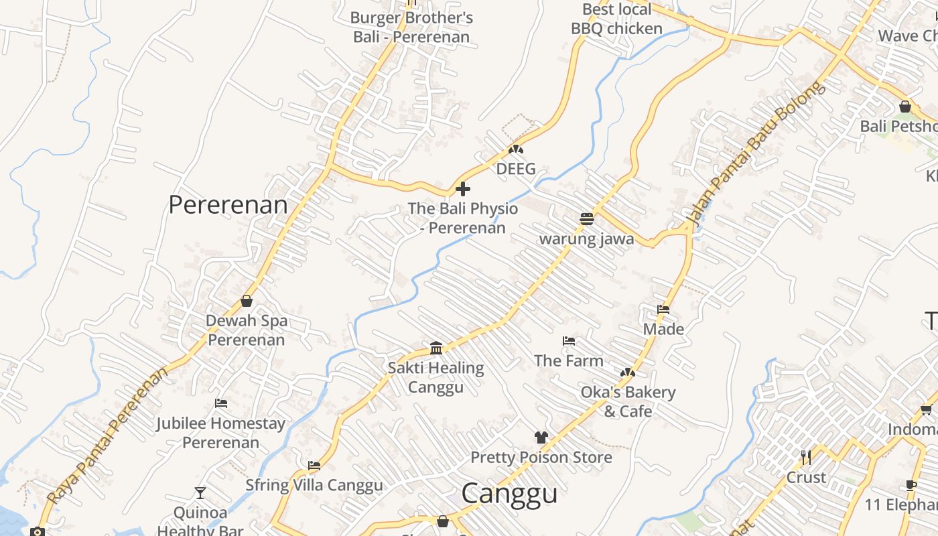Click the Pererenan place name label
coord(228,205)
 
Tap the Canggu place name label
coord(509,494)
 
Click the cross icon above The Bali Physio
coord(462,189)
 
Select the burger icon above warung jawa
coord(587,218)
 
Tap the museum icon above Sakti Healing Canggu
coord(436,348)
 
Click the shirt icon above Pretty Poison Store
coord(541,438)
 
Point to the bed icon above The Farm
coord(569,341)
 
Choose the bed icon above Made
coord(663,310)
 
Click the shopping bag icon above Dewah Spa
coord(247,301)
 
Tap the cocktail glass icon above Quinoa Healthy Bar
coord(200,493)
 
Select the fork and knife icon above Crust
coord(806,458)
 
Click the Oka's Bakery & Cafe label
coord(628,401)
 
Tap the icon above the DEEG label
coord(515,149)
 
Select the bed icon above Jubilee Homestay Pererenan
coord(221,403)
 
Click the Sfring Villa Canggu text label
coord(314,485)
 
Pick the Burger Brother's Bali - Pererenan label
coord(411,27)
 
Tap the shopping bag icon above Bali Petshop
coord(905,107)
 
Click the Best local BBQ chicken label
coord(616,19)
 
